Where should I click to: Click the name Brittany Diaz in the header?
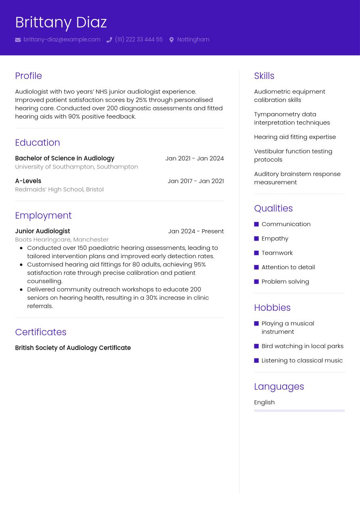pos(61,23)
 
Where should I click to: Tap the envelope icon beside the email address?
pos(18,40)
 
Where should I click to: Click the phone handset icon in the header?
pos(109,40)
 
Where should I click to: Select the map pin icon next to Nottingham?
pos(171,40)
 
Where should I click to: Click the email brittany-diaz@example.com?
pos(62,39)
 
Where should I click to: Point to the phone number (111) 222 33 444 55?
pos(139,39)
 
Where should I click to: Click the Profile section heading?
pos(28,76)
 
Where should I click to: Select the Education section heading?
pos(37,143)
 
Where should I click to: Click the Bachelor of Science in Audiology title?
pos(65,158)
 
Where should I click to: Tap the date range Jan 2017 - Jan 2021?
pos(196,181)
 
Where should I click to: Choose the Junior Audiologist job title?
pos(42,231)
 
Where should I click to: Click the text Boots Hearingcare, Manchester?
pos(62,239)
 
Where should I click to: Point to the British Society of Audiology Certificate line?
pos(73,348)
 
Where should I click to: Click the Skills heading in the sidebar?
pos(264,76)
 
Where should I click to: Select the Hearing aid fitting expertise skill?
pos(295,137)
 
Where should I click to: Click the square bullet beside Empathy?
pos(256,239)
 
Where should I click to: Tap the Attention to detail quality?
pos(288,267)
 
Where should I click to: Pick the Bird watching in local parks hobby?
pos(302,346)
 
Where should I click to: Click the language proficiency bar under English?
pos(299,411)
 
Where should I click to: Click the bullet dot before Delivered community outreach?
pos(21,289)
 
